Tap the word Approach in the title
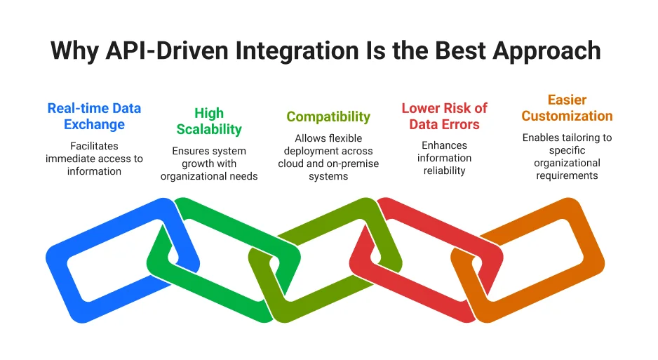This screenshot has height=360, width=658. tap(544, 51)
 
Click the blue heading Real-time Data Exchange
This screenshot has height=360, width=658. tap(94, 116)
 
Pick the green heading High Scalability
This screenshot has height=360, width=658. tap(209, 121)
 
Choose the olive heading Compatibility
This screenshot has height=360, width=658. tap(328, 116)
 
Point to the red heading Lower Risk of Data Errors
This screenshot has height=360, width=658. tap(444, 116)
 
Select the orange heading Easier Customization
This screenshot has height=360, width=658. tap(567, 108)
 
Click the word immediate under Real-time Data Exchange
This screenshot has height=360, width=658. tap(71, 159)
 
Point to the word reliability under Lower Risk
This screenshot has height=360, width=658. tap(444, 171)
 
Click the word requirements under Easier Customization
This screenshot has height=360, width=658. tap(567, 175)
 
